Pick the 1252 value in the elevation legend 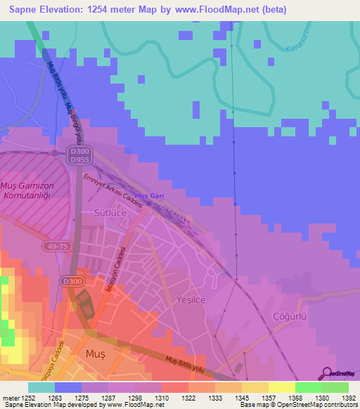point(28,398)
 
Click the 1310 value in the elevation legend point(161,398)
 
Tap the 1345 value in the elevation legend point(242,398)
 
